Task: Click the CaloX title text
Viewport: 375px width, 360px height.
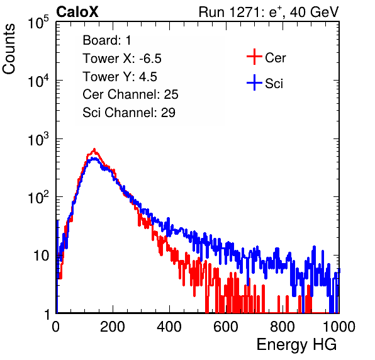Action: pyautogui.click(x=77, y=12)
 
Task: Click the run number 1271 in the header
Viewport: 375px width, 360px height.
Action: pyautogui.click(x=245, y=12)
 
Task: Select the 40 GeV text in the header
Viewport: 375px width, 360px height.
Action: pyautogui.click(x=314, y=12)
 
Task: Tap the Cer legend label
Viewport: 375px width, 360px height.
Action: pyautogui.click(x=275, y=58)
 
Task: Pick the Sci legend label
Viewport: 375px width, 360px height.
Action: pyautogui.click(x=274, y=84)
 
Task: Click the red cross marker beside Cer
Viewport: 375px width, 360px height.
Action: pyautogui.click(x=254, y=57)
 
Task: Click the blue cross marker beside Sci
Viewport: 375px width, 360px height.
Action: pyautogui.click(x=254, y=82)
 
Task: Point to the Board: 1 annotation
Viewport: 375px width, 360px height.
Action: pyautogui.click(x=107, y=40)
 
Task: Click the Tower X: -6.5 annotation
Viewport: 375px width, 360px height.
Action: pyautogui.click(x=122, y=59)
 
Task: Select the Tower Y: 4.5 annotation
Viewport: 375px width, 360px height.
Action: pyautogui.click(x=120, y=77)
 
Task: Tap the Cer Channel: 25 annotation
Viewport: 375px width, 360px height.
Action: pyautogui.click(x=130, y=94)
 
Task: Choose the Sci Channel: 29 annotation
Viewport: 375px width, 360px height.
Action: pyautogui.click(x=129, y=113)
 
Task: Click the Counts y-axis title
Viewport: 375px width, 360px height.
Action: pyautogui.click(x=9, y=48)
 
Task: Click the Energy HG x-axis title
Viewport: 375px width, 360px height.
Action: pyautogui.click(x=296, y=345)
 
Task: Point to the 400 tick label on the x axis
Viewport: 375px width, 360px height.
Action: pyautogui.click(x=169, y=327)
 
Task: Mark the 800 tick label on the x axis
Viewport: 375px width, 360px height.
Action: pyautogui.click(x=283, y=327)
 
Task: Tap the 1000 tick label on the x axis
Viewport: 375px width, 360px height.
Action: pyautogui.click(x=339, y=327)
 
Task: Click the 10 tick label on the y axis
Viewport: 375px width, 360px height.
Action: pyautogui.click(x=41, y=256)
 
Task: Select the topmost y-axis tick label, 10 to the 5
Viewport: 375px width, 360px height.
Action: pyautogui.click(x=38, y=22)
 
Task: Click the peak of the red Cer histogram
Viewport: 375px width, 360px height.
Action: pyautogui.click(x=94, y=149)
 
